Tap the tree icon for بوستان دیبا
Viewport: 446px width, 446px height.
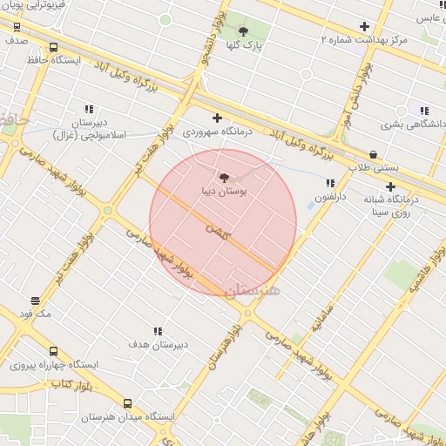point(225,176)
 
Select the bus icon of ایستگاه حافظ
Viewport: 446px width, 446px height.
point(53,48)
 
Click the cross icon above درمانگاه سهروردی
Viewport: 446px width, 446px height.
point(217,118)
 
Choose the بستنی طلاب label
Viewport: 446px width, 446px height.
point(374,166)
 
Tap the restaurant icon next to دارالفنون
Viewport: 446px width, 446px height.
point(330,183)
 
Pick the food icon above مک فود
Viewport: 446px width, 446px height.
point(35,301)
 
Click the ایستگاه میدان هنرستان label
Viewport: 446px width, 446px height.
point(128,417)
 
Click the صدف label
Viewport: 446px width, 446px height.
point(17,39)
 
